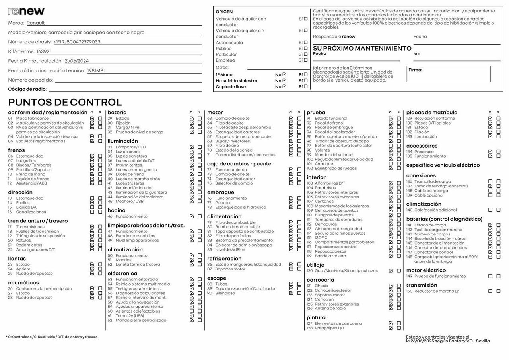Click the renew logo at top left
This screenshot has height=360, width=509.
[26, 11]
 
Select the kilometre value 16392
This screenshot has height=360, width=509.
[43, 51]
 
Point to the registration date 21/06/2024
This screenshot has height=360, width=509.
[77, 61]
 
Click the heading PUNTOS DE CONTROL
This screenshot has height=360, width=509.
[65, 102]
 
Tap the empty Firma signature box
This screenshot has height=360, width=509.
[448, 74]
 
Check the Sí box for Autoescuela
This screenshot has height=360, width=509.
[305, 42]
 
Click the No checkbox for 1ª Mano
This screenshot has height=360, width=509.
[284, 74]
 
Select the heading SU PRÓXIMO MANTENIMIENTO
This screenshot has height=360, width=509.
[362, 48]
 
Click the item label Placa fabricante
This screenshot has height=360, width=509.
[32, 118]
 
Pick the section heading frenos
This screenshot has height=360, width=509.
[16, 150]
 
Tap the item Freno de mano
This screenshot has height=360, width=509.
[31, 174]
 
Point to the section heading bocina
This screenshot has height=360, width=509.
[117, 210]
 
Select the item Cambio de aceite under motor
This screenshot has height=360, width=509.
[232, 118]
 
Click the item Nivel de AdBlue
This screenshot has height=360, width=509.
[230, 249]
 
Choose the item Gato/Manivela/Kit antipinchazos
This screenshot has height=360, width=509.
[346, 271]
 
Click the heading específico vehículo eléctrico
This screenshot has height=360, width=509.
[443, 165]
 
